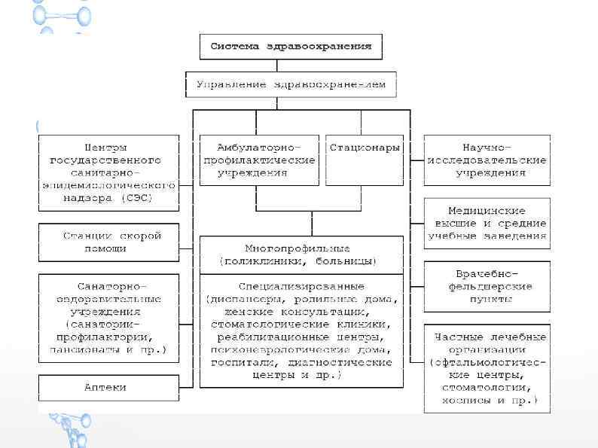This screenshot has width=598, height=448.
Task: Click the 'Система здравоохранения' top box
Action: pyautogui.click(x=291, y=47)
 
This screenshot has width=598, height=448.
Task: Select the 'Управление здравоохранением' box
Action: pyautogui.click(x=291, y=84)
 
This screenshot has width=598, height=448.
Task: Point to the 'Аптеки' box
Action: pyautogui.click(x=109, y=388)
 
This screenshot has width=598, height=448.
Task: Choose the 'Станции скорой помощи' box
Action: pyautogui.click(x=109, y=242)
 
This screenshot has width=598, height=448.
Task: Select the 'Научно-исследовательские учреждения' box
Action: pyautogui.click(x=487, y=160)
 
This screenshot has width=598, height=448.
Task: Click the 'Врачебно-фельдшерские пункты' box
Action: pyautogui.click(x=487, y=286)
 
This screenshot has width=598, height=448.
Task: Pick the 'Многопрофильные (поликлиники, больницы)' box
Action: pyautogui.click(x=301, y=254)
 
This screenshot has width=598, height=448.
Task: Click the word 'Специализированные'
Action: pyautogui.click(x=301, y=286)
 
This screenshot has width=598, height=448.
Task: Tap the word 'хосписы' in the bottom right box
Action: pyautogui.click(x=465, y=400)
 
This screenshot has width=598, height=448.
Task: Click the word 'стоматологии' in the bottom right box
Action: pyautogui.click(x=487, y=387)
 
